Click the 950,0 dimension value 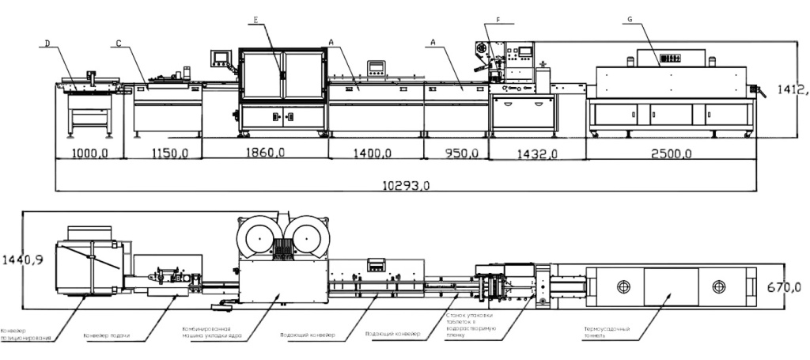pyautogui.click(x=455, y=153)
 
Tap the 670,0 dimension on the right pyautogui.click(x=785, y=286)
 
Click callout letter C pyautogui.click(x=117, y=44)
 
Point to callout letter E pyautogui.click(x=255, y=19)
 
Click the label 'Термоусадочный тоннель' pyautogui.click(x=605, y=332)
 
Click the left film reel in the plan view pyautogui.click(x=258, y=236)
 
